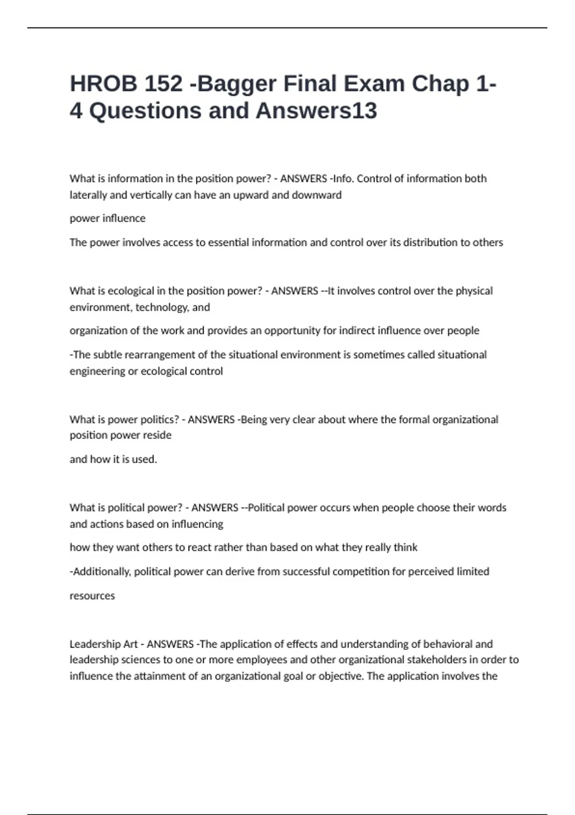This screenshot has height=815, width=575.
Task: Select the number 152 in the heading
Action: point(163,84)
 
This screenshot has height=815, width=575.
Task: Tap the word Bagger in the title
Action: point(237,84)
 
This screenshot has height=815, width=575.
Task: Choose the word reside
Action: point(157,435)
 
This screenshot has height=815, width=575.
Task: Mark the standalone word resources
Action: point(92,596)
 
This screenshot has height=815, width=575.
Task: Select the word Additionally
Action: point(101,571)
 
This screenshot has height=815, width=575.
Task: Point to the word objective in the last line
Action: point(342,676)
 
